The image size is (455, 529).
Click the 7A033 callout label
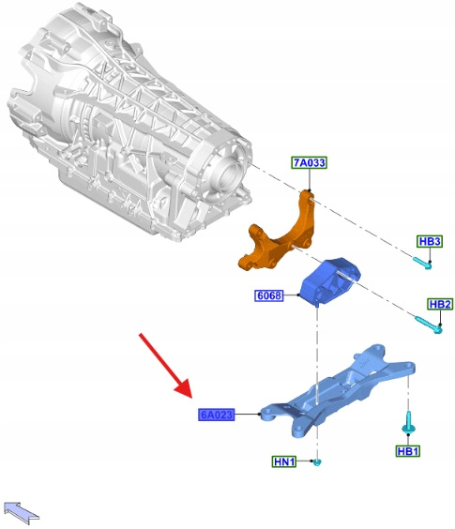click(x=310, y=162)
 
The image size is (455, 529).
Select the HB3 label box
click(x=430, y=241)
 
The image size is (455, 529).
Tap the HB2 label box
click(x=440, y=304)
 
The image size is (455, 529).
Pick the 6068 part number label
click(x=268, y=295)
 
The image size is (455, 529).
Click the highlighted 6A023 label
click(x=217, y=415)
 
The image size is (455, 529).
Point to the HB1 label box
click(x=408, y=451)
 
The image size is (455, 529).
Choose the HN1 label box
click(x=284, y=461)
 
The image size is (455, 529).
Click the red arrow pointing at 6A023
click(x=166, y=366)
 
